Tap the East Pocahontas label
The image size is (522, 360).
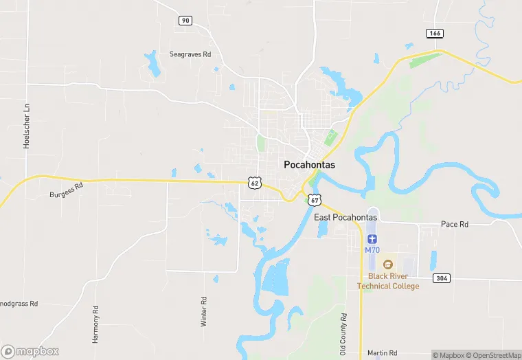tap(345, 217)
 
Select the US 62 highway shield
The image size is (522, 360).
tap(255, 182)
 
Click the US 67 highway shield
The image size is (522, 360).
tap(315, 199)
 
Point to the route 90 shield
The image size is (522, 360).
tap(185, 21)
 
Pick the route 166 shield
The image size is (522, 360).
tap(433, 33)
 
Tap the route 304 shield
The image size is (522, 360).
tap(441, 278)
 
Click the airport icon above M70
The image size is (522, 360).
tap(372, 238)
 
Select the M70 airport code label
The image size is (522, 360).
tap(372, 249)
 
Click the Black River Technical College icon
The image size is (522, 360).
tap(388, 265)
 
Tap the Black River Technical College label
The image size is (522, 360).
tap(388, 281)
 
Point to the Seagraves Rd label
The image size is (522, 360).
tap(190, 54)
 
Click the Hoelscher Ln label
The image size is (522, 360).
tap(27, 126)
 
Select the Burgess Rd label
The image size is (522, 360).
tap(66, 191)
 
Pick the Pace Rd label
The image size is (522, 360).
tap(454, 224)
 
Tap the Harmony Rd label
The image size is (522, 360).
tap(95, 315)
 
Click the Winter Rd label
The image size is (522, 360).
tap(203, 311)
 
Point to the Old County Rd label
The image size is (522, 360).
tap(343, 330)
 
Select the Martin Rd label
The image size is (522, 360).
tap(382, 352)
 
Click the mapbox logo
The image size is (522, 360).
tap(30, 350)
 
